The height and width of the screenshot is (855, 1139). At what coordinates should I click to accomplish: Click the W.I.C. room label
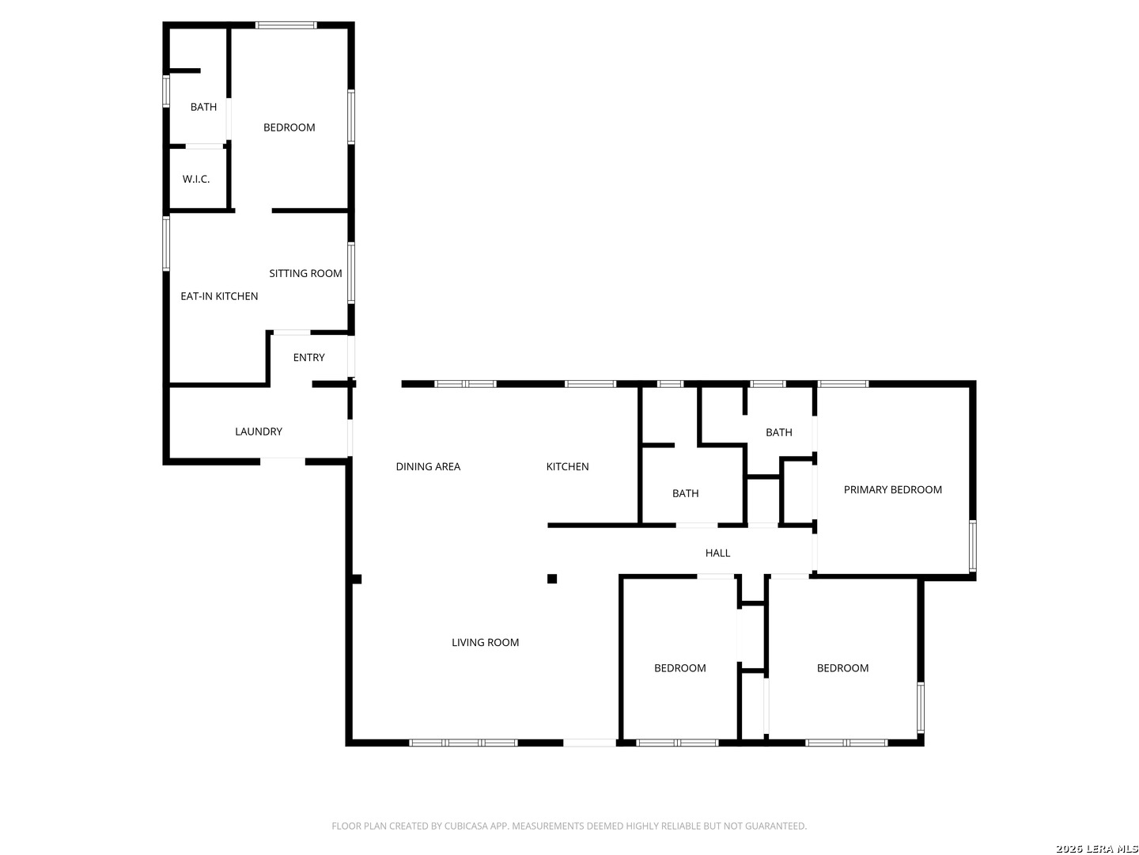196,179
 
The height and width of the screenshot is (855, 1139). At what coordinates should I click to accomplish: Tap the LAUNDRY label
259,431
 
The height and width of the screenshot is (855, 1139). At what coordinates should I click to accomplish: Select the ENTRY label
308,358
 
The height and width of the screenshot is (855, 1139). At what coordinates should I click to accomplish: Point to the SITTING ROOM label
305,273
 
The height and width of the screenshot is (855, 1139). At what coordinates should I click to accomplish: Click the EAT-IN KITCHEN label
219,296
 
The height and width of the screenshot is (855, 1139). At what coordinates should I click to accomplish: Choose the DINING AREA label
428,466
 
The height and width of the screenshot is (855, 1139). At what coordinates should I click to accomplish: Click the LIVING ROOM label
485,642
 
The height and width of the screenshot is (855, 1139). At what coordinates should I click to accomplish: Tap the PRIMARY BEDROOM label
892,489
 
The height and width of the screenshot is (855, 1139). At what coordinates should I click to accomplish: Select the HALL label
717,553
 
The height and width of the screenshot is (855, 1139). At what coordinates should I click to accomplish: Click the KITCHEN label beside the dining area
567,466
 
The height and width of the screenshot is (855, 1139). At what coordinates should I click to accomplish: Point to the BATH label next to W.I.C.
203,107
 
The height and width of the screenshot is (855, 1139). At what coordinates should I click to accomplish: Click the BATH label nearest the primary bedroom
778,432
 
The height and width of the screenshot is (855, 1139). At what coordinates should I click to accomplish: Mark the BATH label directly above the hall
685,493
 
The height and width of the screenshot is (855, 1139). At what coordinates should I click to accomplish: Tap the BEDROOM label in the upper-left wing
289,127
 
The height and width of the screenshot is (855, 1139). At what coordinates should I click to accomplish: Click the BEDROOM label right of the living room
679,668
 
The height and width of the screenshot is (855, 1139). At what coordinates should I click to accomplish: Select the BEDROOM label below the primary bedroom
842,668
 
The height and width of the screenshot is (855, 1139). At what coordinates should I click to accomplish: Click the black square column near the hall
552,579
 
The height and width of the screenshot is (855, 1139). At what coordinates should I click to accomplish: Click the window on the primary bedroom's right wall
972,545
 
